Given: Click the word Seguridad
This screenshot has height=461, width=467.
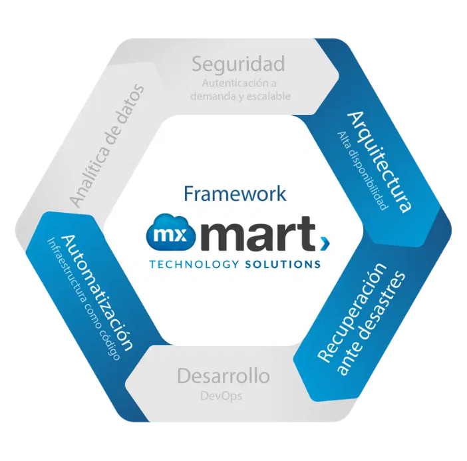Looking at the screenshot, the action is pos(238,65).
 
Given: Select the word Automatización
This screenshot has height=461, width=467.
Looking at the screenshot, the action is pos(97,293).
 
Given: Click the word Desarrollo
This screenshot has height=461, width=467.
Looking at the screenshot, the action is pos(224,376).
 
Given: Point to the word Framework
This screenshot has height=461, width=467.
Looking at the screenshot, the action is pos(235,194).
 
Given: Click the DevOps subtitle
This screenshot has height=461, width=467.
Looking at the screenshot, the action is pos(221,396).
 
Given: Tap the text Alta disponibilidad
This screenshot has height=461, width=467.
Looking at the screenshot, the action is pos(363,171).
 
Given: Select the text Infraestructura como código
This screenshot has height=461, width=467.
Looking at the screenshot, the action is pos(84,299).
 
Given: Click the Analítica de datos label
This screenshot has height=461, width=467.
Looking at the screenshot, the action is pos(107,146).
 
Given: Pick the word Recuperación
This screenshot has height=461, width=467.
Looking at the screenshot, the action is pos(352,313).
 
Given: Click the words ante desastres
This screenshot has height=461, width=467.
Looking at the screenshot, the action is pos(371,323).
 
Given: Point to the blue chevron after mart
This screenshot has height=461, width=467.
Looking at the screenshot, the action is pos(326,243).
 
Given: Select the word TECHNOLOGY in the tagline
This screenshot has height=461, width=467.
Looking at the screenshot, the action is pos(194,264).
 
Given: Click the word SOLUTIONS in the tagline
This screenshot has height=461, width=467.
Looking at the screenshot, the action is pos(283,264).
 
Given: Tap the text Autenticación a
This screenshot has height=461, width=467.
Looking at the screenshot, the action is pos(239,83).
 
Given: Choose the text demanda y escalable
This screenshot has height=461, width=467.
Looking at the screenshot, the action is pos(240,96).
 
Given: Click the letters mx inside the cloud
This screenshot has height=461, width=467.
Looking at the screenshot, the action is pos(170,235).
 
